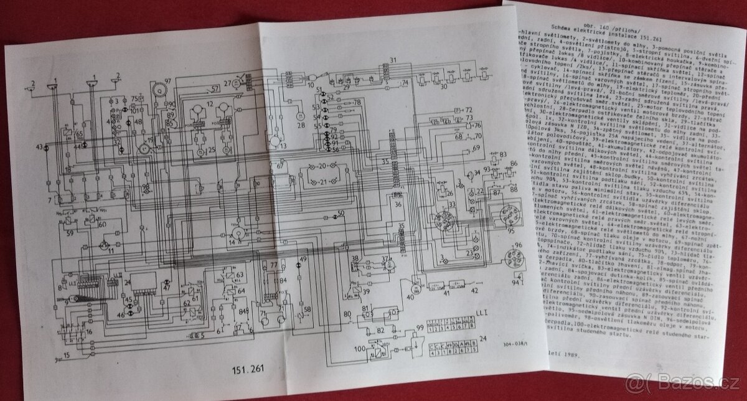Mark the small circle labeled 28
tap(300, 115)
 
